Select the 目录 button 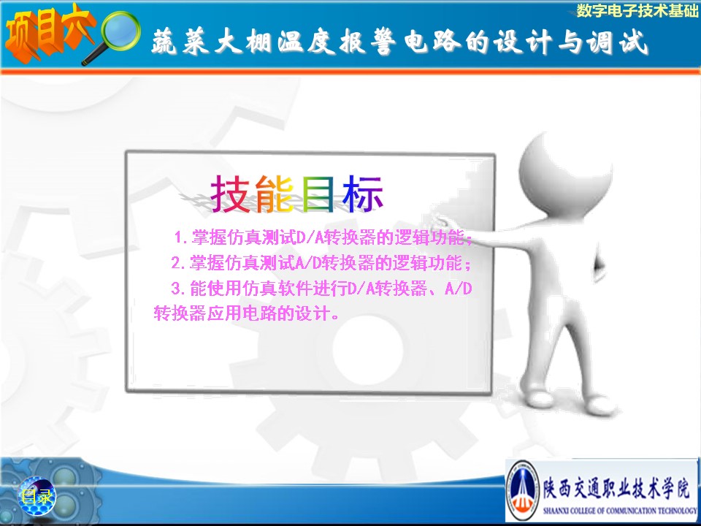[x=37, y=495]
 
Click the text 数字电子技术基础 [x=637, y=10]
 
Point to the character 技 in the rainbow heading [x=230, y=193]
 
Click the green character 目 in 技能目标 [x=318, y=193]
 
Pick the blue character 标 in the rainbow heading [x=363, y=193]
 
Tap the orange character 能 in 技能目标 [x=274, y=193]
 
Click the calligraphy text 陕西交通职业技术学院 [x=616, y=488]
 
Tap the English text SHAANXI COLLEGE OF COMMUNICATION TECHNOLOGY [x=620, y=510]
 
